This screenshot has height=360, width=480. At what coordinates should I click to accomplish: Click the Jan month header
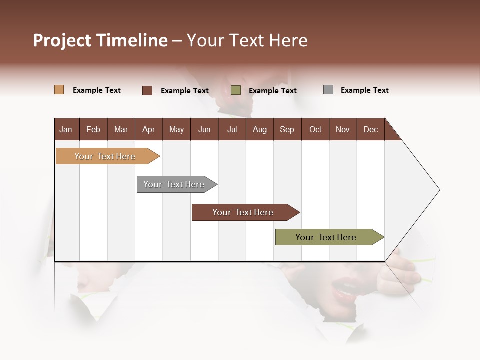[66, 129]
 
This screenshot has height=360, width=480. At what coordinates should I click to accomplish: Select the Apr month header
[148, 129]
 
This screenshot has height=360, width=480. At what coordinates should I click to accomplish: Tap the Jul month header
[232, 129]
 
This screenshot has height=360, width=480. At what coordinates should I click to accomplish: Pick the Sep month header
[287, 129]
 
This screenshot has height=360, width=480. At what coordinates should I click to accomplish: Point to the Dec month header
[370, 129]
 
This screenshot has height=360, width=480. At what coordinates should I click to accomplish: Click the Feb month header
[93, 129]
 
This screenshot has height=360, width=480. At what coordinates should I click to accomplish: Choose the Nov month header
[342, 129]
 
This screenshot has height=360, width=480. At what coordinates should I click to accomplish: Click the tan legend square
[59, 90]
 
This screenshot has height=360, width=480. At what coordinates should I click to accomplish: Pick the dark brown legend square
[147, 90]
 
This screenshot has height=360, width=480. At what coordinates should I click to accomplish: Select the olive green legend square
[236, 90]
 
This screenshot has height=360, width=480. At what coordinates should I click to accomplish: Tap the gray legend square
[328, 90]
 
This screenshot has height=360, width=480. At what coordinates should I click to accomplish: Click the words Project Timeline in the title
[100, 40]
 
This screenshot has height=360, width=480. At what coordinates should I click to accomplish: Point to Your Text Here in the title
[247, 40]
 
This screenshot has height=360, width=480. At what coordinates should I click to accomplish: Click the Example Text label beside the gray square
[364, 90]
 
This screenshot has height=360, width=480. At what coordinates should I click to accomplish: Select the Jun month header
[204, 129]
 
